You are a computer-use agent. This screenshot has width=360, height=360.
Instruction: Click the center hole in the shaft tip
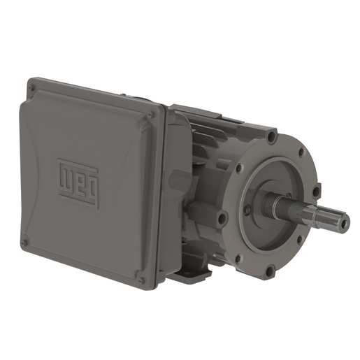point(344,224)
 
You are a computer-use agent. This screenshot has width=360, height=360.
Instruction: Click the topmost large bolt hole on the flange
point(271,137)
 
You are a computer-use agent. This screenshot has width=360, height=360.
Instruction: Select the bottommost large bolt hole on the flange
point(270,269)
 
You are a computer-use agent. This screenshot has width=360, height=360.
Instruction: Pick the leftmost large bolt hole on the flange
point(222,219)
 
